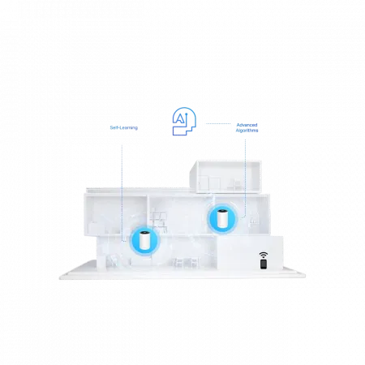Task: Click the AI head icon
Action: [x=184, y=121]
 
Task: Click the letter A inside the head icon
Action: [x=179, y=118]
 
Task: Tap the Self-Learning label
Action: [x=124, y=127]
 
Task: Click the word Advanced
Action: [x=247, y=125]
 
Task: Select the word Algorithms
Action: [x=247, y=131]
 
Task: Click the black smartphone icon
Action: [x=264, y=264]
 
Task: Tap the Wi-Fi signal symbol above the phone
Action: [x=264, y=255]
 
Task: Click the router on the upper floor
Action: [x=223, y=219]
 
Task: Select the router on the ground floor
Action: [x=145, y=240]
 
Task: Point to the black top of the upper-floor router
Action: [x=223, y=211]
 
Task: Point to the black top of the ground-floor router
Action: [x=145, y=233]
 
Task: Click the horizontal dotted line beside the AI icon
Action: [x=218, y=123]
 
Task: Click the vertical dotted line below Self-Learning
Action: [x=122, y=192]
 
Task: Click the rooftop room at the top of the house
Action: [x=225, y=177]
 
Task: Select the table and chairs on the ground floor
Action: [x=187, y=262]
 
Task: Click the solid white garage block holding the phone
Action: [x=250, y=253]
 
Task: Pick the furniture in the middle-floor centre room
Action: [x=160, y=220]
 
